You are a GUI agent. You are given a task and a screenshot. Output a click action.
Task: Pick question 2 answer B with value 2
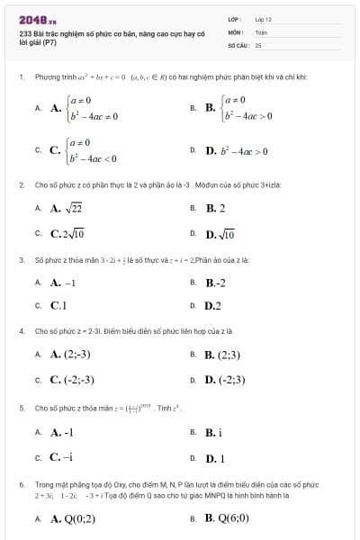(x=215, y=209)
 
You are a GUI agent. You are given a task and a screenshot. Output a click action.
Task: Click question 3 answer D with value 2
(x=213, y=306)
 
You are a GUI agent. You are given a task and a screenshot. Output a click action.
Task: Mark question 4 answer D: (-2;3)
(x=225, y=379)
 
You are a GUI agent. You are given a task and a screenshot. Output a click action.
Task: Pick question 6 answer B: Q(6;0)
(x=221, y=518)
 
